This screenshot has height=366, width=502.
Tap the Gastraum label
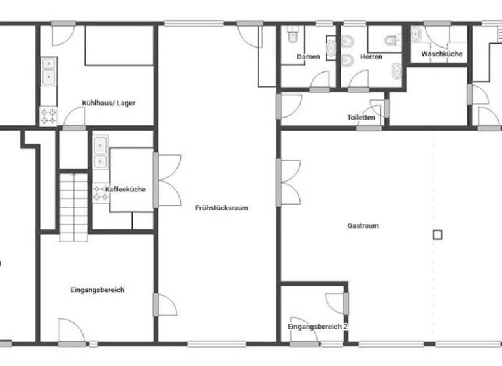point(363,226)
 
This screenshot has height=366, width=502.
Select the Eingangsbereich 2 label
point(317,326)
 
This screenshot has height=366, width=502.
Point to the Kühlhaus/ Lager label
point(109,103)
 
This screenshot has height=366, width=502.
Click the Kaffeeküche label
point(125,190)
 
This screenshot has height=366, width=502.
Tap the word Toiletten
point(361,118)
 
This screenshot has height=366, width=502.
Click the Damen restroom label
point(309,57)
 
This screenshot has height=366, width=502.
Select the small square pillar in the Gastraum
point(437,233)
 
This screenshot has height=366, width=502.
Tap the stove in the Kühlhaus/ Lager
point(49,116)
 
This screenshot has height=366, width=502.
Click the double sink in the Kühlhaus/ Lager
point(48,71)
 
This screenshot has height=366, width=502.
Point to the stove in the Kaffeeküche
point(100,193)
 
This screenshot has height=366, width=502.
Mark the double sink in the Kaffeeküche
point(100,152)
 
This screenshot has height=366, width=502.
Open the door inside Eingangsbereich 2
point(337,302)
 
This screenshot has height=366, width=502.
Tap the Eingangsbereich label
point(97,290)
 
